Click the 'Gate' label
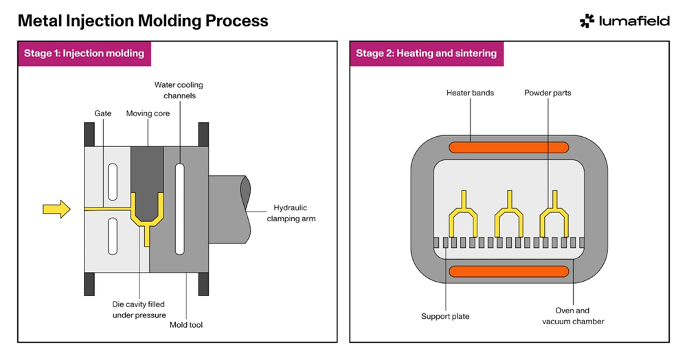(103, 113)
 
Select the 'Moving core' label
(148, 113)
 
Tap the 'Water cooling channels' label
(179, 90)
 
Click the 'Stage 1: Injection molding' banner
(84, 53)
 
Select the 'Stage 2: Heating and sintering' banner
(426, 53)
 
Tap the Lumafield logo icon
(587, 21)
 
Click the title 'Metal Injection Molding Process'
(143, 21)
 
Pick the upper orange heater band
(508, 147)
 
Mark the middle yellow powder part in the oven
(510, 214)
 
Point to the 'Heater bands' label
(470, 93)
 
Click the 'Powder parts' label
(548, 93)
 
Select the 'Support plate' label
(445, 317)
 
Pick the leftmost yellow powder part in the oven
(464, 214)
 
